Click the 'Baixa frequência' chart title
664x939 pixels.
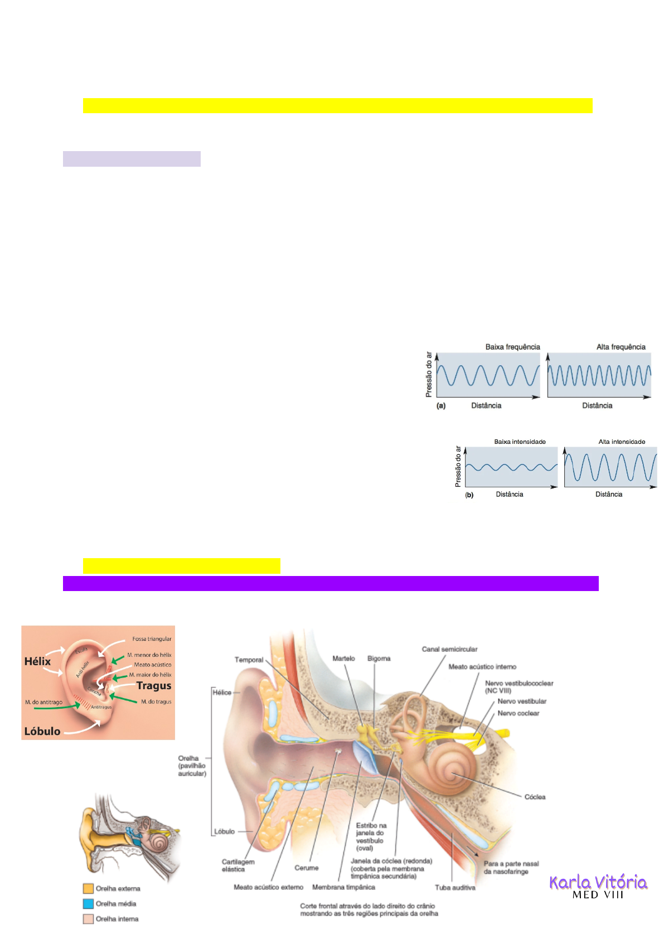coord(512,347)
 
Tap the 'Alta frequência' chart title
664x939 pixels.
coord(621,347)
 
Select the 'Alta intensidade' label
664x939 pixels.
coord(622,442)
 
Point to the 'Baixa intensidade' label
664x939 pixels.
coord(520,442)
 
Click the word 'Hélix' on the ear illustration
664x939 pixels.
coord(37,661)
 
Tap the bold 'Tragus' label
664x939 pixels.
coord(154,686)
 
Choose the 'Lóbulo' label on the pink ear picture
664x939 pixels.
coord(42,731)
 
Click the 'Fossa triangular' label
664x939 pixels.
coord(152,639)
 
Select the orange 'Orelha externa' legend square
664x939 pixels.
coord(88,888)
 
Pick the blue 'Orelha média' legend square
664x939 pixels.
coord(88,903)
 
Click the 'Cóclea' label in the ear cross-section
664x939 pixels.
coord(535,797)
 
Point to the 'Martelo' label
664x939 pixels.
coord(343,659)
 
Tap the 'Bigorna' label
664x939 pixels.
coord(379,659)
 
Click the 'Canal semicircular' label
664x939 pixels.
coord(449,649)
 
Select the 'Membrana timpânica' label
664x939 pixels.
coord(343,887)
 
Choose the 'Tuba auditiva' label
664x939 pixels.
coord(455,888)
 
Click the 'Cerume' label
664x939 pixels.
coord(307,868)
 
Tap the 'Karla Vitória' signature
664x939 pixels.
coord(598,882)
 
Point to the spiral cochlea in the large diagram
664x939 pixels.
coord(453,772)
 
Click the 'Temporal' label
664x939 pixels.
coord(249,660)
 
